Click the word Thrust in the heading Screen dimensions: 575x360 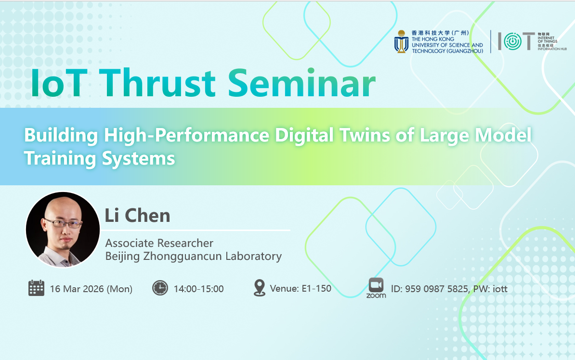coord(157,83)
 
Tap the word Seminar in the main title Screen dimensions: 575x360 coord(301,83)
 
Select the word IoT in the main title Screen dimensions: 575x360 coord(59,83)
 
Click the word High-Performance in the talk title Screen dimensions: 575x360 coord(187,136)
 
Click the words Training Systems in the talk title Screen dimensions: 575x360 coord(99,159)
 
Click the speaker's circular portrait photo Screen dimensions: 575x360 coord(63,229)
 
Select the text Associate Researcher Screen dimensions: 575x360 coord(159,243)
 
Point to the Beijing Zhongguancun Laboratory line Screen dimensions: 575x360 coord(194,256)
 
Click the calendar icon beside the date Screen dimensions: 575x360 coord(36,288)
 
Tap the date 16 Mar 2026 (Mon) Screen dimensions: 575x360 coord(91,289)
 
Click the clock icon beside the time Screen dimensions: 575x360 coord(160,288)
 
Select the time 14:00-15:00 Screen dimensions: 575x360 coord(199,289)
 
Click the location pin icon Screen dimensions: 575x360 coord(259,288)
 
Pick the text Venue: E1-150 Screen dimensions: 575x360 coord(301,288)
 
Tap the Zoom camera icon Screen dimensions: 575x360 coord(376,285)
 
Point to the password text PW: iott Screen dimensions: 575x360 coord(490,289)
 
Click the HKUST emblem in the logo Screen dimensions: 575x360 coord(401,41)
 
